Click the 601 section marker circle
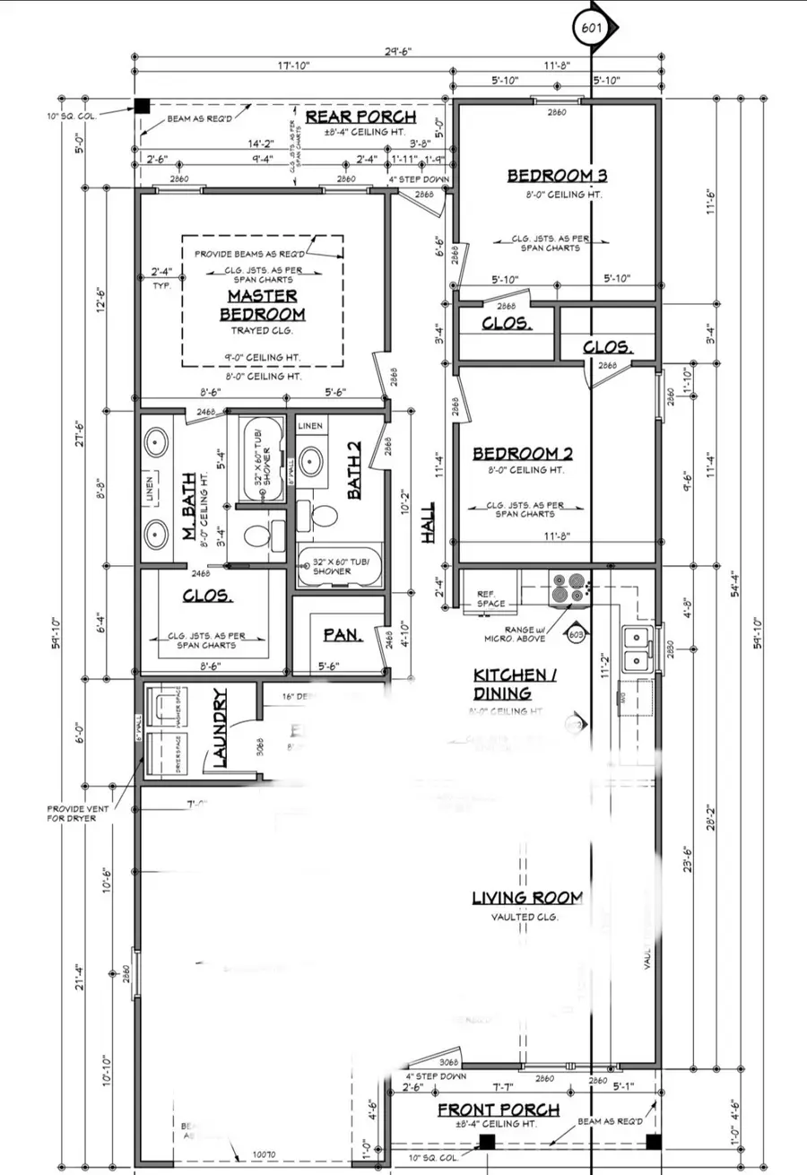pos(591,28)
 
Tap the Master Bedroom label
pos(263,305)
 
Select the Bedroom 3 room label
pos(551,176)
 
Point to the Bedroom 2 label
pos(522,454)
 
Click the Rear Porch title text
pos(360,117)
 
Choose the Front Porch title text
pos(498,1110)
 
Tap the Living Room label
pos(528,898)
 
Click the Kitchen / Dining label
pos(515,683)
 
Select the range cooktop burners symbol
pos(570,588)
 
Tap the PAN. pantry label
pos(342,635)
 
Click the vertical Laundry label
pos(221,728)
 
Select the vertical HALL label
pos(429,521)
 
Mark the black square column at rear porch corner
pos(142,106)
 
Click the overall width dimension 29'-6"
pos(400,52)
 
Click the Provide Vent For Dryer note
pos(78,814)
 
